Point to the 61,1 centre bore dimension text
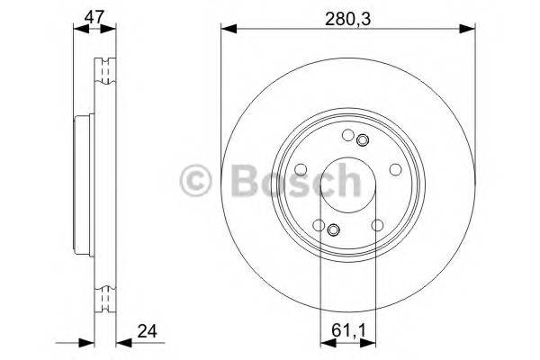coord(347,328)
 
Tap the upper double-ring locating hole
coord(363,140)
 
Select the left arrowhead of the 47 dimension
coord(77,31)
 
